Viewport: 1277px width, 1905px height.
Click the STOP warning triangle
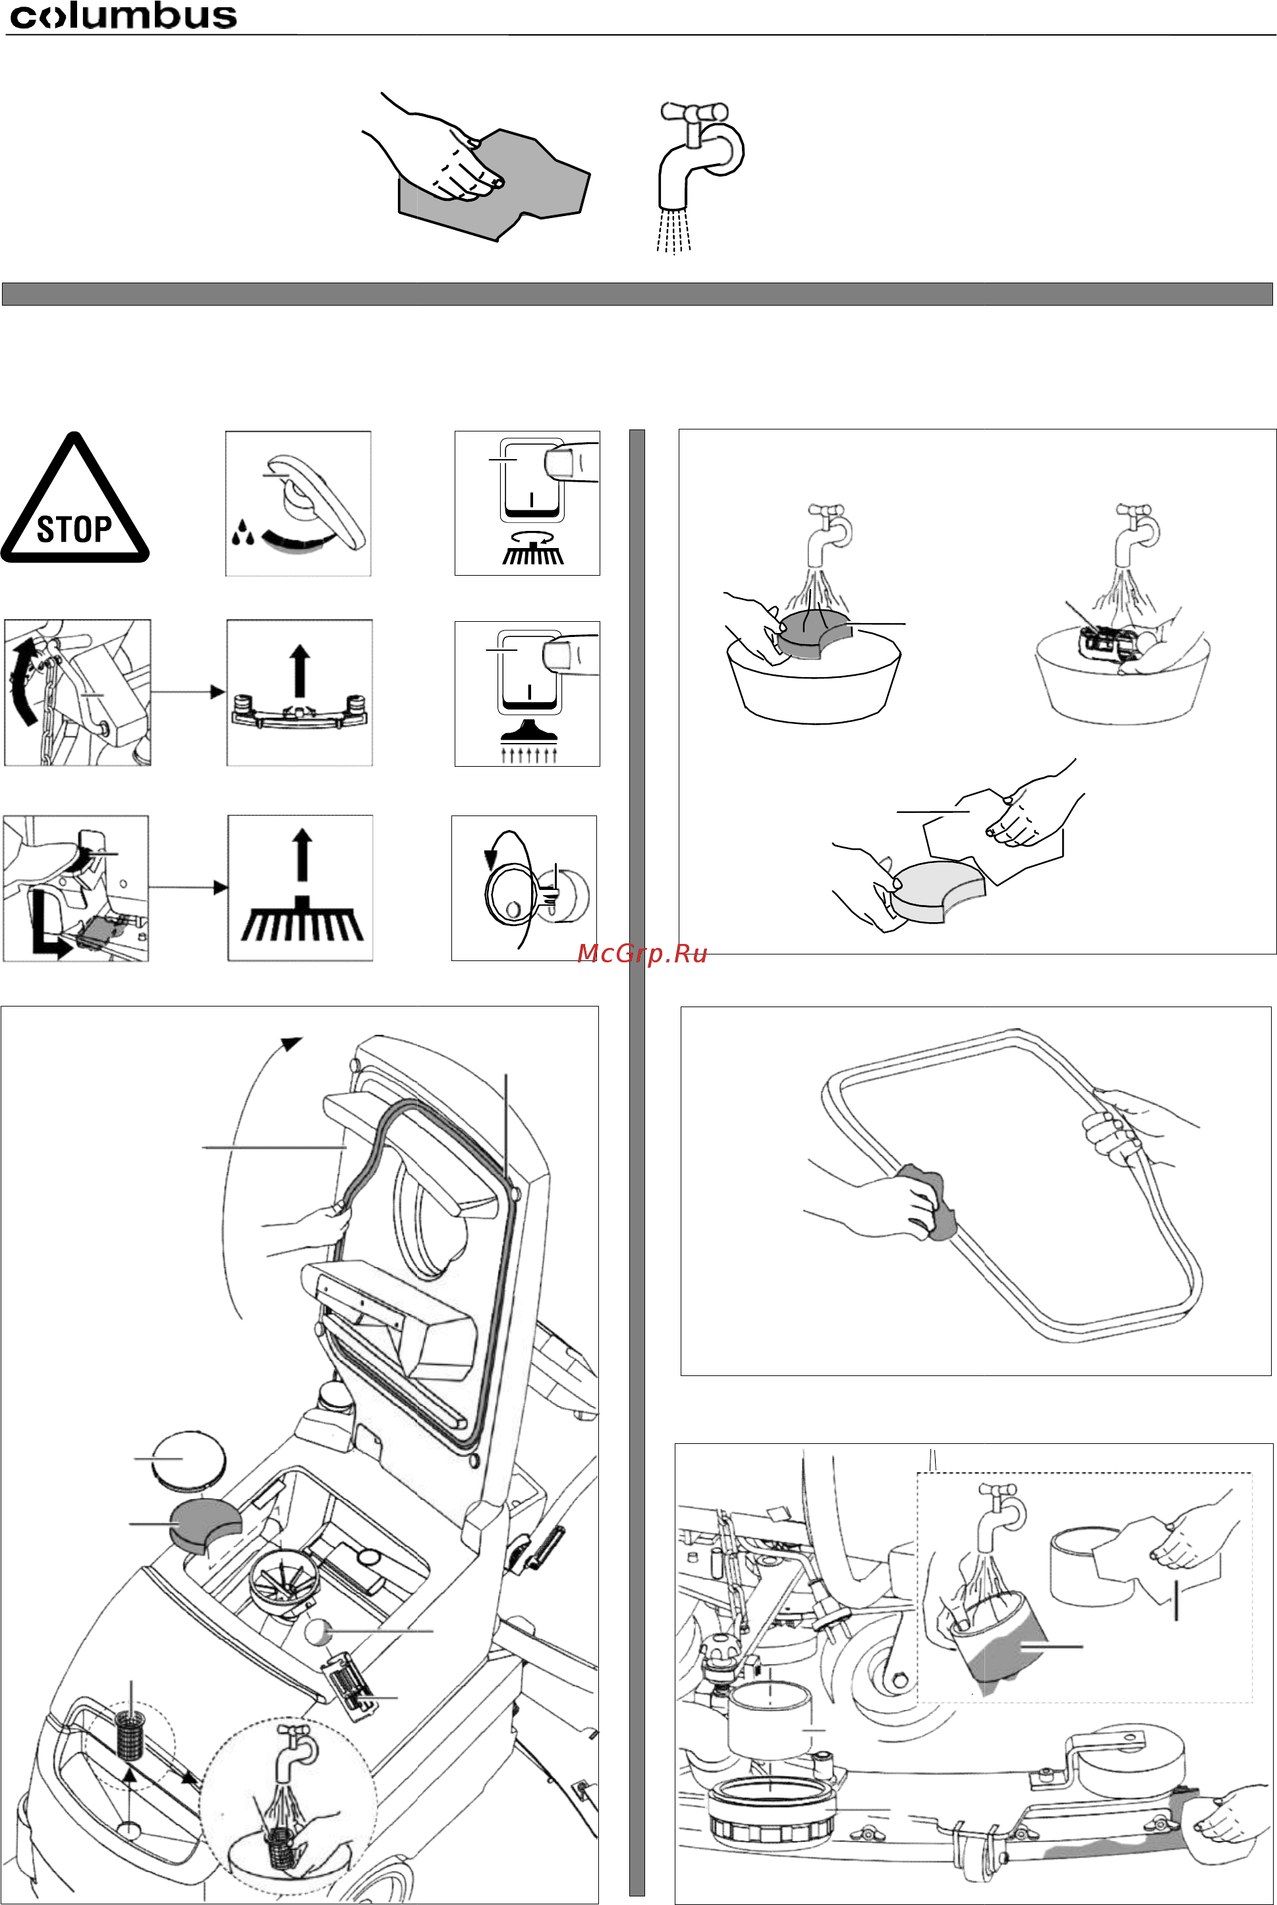coord(75,497)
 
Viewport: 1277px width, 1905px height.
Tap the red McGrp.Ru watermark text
coord(642,953)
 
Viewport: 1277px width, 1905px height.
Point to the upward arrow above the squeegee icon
coord(300,670)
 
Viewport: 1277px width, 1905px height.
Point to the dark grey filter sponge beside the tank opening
coord(204,1524)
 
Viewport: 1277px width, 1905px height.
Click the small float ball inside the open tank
coord(318,1632)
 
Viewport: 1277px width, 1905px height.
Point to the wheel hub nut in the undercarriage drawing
coord(899,1678)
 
